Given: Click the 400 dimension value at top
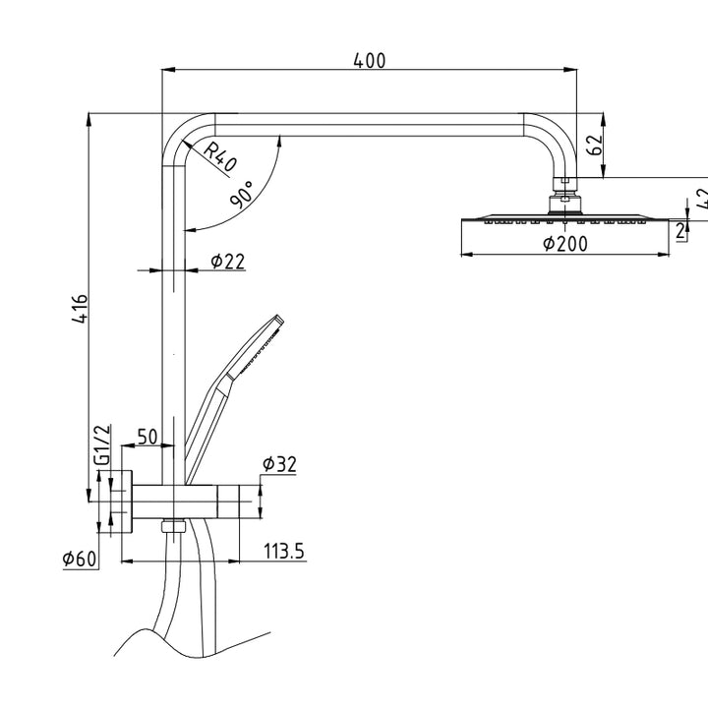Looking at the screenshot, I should click(369, 61).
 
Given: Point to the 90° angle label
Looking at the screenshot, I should click(242, 192).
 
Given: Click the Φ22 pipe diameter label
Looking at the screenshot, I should click(227, 261).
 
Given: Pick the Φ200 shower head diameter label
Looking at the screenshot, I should click(565, 244).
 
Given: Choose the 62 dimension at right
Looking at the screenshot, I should click(593, 146).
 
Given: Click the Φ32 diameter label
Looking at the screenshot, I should click(279, 465).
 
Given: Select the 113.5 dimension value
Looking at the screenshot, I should click(284, 552).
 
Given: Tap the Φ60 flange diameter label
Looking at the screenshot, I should click(80, 559).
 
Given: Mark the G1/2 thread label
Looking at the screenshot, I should click(101, 445).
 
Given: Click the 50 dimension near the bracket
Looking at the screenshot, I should click(147, 438).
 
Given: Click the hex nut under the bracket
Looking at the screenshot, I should click(174, 526).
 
